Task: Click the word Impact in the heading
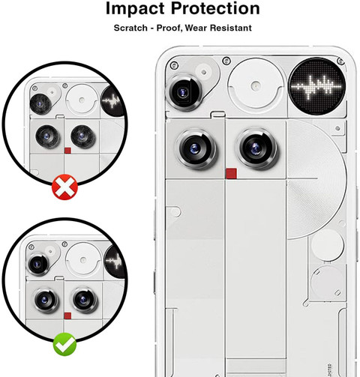point(135,9)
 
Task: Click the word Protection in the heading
point(215,8)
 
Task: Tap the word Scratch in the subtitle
point(130,28)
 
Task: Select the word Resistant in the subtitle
point(231,28)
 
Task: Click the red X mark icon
point(64,187)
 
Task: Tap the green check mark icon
point(64,344)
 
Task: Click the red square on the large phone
point(231,174)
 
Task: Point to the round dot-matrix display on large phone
point(317,86)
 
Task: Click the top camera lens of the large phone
point(184,92)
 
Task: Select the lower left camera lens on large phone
point(196,149)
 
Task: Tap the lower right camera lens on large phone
point(256,149)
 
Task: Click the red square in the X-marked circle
point(67,151)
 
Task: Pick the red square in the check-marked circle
point(67,316)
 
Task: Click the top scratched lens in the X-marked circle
point(40,104)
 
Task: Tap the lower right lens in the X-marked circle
point(82,136)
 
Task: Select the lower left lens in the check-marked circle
point(46,300)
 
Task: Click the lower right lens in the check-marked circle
point(85,300)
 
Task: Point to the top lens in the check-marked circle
point(37,265)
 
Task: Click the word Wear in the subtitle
point(196,28)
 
